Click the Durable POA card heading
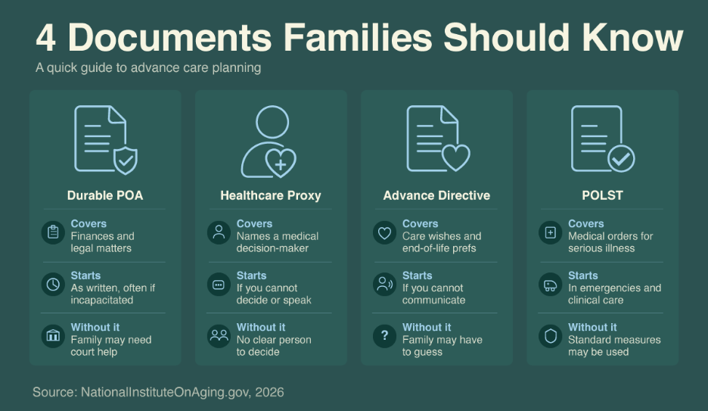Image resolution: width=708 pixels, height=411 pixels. (105, 195)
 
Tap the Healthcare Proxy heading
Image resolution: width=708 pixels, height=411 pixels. (271, 195)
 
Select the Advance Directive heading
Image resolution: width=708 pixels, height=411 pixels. (436, 195)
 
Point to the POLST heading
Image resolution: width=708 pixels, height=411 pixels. (602, 195)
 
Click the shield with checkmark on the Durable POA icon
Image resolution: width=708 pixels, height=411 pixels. (125, 160)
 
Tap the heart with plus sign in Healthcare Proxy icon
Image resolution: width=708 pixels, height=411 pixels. (281, 163)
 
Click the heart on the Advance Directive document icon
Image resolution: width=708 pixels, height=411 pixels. (455, 157)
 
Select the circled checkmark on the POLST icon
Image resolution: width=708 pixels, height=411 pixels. (621, 158)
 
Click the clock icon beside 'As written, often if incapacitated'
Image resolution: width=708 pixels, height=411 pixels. (53, 284)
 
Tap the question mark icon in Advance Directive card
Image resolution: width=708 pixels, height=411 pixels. (385, 335)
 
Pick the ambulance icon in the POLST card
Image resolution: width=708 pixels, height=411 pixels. (551, 285)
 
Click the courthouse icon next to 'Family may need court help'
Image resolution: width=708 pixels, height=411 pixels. (53, 336)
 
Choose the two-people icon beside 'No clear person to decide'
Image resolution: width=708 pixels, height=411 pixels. (219, 336)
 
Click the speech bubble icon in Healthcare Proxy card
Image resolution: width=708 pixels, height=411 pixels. (219, 285)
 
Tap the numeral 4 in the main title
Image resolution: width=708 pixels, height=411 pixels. (45, 39)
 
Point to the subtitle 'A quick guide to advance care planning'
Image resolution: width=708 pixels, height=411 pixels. (148, 68)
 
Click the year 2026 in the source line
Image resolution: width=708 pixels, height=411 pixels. (269, 392)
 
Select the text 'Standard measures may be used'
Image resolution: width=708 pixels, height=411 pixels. (614, 346)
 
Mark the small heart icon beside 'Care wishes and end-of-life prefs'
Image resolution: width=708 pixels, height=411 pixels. (385, 232)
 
